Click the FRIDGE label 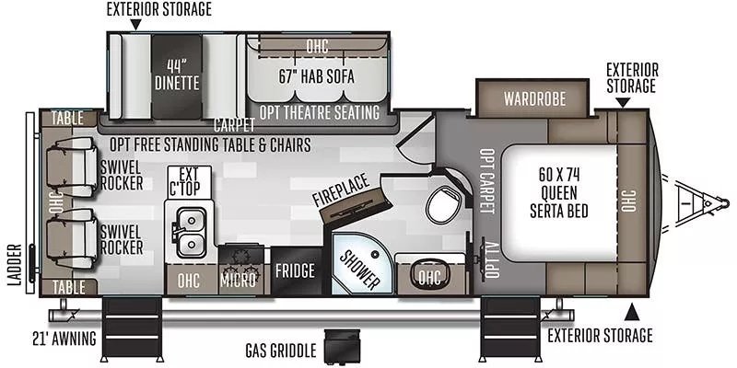pyautogui.click(x=296, y=271)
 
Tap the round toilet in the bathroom pyautogui.click(x=443, y=204)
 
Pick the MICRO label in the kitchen pyautogui.click(x=238, y=280)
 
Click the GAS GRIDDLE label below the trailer pyautogui.click(x=280, y=351)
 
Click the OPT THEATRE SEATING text pyautogui.click(x=319, y=112)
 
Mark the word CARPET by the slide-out pyautogui.click(x=234, y=126)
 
